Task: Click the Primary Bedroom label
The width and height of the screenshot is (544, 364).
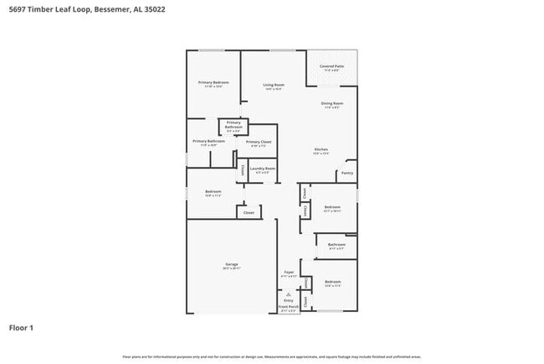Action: (213, 82)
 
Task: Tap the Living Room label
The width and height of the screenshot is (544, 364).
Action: (274, 85)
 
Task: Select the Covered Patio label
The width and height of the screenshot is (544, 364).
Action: (331, 66)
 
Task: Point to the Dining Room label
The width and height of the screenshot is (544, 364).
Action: (331, 103)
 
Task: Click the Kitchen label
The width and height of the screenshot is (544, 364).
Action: (321, 150)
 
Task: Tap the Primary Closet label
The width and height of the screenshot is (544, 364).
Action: (259, 142)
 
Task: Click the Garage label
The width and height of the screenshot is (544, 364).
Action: (231, 265)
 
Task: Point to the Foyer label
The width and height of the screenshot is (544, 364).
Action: (288, 273)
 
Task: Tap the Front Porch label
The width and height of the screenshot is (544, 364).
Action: (288, 307)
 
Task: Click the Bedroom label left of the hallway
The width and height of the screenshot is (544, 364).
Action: (213, 192)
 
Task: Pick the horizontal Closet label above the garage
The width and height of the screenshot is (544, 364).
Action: (249, 213)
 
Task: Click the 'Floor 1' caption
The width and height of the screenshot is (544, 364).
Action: (22, 328)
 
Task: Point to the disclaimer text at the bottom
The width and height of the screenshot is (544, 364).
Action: (272, 356)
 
